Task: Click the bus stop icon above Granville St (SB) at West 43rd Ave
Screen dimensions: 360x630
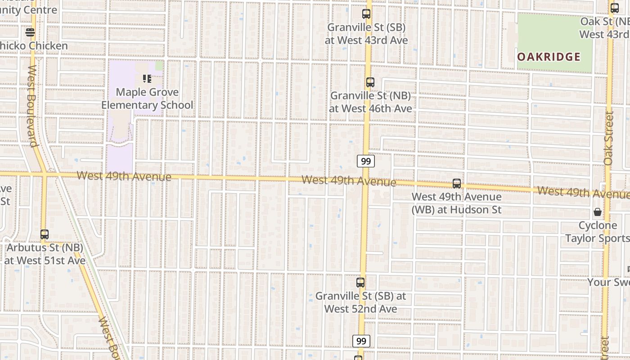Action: pos(366,14)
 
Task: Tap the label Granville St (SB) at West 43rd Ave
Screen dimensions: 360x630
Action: pos(366,34)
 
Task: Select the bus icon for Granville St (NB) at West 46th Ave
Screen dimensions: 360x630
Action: pos(370,82)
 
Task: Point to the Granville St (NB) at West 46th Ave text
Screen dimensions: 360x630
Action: pos(370,102)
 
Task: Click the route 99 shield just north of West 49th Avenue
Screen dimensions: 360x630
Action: pos(366,161)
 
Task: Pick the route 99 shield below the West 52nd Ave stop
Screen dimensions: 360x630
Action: pos(361,341)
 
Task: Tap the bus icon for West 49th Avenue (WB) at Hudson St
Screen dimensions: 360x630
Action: pos(457,184)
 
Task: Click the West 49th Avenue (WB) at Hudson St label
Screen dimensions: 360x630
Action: pos(457,203)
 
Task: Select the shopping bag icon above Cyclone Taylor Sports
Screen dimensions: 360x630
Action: pos(598,212)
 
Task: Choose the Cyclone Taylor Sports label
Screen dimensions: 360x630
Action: pos(598,232)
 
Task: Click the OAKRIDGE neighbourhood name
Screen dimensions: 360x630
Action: pos(549,57)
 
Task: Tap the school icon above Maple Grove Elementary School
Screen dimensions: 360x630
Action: pos(147,79)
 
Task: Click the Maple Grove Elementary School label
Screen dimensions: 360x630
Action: pos(147,99)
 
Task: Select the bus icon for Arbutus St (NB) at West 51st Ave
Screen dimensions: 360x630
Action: pos(44,234)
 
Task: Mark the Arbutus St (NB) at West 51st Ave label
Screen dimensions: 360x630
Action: pos(45,254)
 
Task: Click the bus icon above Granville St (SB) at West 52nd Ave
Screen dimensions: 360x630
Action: pos(360,283)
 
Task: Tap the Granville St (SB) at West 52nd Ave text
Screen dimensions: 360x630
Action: pos(360,302)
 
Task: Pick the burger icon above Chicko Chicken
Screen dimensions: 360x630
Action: pos(30,32)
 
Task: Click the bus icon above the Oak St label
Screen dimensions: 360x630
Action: pos(615,8)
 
